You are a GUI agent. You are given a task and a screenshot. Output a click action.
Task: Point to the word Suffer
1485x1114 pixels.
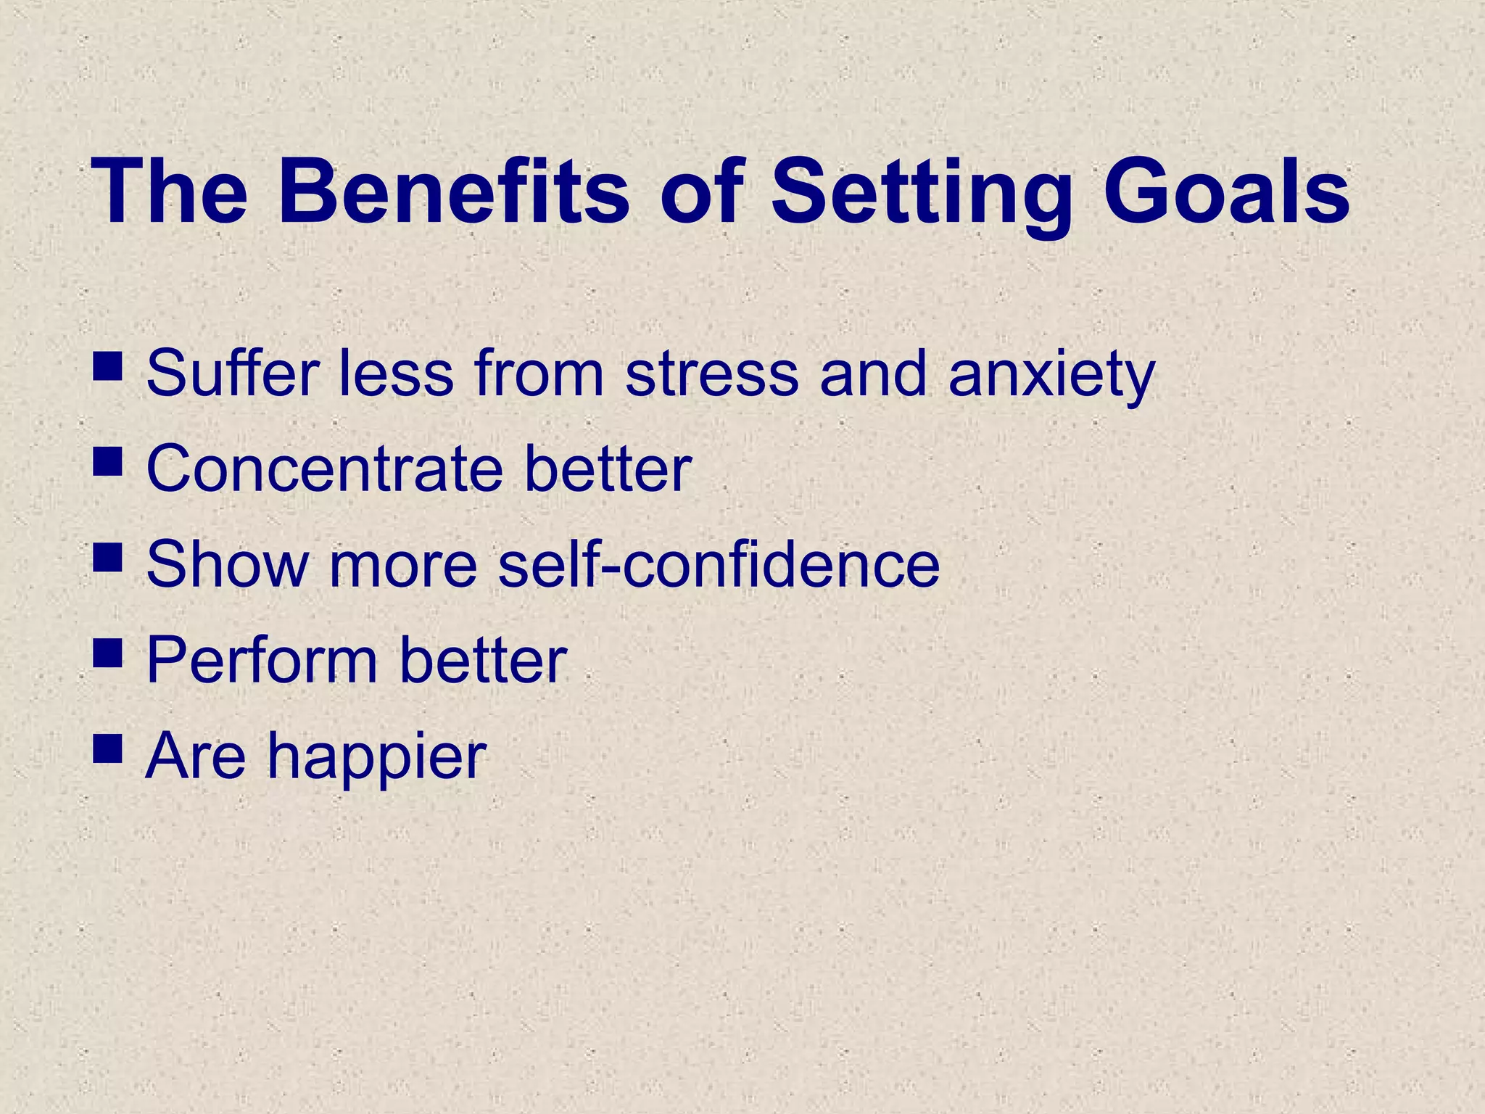(x=232, y=373)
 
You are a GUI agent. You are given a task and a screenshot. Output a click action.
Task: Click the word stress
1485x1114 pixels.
(x=711, y=374)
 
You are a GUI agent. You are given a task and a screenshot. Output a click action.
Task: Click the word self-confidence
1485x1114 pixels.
(x=719, y=564)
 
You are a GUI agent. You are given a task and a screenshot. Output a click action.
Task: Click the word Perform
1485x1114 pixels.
(x=262, y=660)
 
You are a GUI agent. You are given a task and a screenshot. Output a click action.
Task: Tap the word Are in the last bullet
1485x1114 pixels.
(x=196, y=756)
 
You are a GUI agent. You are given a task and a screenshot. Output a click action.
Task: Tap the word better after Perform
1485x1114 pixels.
(x=483, y=660)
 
